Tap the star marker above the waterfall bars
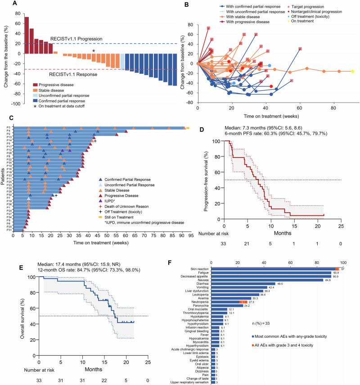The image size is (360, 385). click(94, 51)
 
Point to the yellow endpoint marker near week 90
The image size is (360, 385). click(353, 71)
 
